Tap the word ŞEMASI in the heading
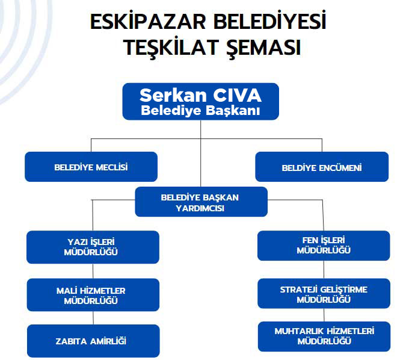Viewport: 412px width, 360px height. click(x=263, y=48)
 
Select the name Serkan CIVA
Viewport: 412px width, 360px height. click(x=200, y=95)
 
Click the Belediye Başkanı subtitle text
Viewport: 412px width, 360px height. click(x=200, y=110)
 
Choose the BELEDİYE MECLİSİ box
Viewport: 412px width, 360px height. click(x=91, y=167)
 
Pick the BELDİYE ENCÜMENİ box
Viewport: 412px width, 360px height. click(x=322, y=167)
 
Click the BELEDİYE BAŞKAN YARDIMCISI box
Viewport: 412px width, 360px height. click(x=201, y=202)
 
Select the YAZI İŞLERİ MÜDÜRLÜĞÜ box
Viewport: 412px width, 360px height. click(x=93, y=247)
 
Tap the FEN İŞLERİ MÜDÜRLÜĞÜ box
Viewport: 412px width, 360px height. click(x=324, y=246)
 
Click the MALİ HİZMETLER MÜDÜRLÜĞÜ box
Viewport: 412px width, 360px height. click(x=93, y=295)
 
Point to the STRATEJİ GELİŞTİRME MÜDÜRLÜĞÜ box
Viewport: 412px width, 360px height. click(x=324, y=293)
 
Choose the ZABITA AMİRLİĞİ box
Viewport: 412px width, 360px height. click(x=93, y=341)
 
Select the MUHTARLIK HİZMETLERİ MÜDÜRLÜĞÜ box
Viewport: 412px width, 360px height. click(x=324, y=337)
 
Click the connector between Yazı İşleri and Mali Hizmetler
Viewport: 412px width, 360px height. click(x=93, y=271)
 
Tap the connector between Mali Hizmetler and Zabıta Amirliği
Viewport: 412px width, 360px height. click(x=93, y=318)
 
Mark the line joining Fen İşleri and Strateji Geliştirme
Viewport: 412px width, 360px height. click(x=324, y=270)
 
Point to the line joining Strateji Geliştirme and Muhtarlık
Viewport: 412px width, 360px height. click(x=324, y=315)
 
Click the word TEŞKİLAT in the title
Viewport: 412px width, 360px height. click(x=171, y=48)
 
